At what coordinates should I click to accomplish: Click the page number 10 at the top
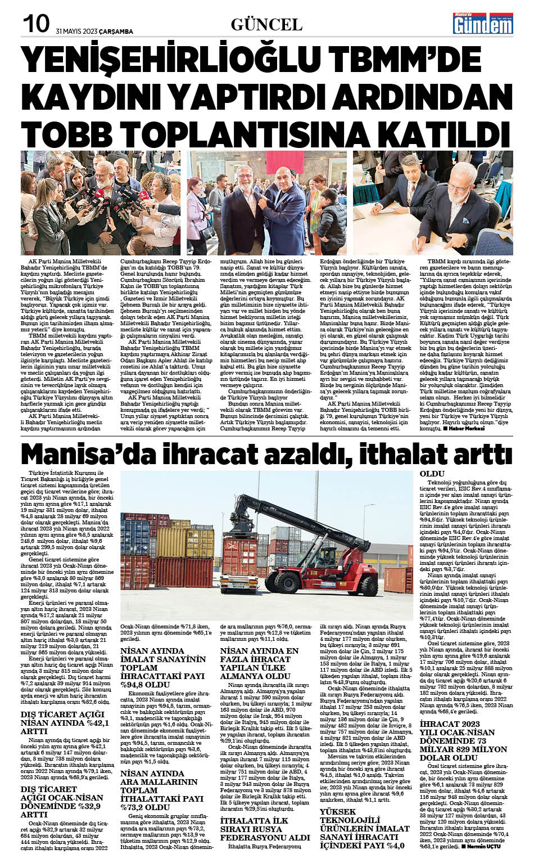35,24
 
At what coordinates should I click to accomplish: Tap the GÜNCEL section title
266,24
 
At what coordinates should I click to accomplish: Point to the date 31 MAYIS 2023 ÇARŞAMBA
94,32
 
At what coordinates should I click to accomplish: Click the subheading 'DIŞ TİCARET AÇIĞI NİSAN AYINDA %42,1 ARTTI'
64,723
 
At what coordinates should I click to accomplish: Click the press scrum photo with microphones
101,203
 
